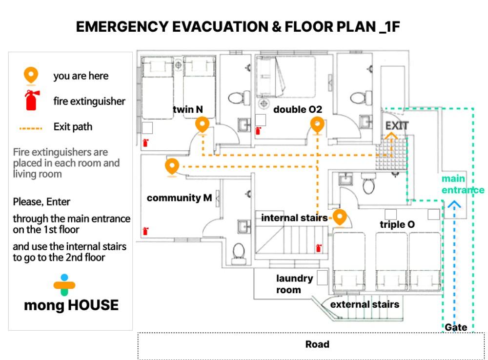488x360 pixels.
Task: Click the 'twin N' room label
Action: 188,109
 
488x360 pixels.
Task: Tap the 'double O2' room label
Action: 298,109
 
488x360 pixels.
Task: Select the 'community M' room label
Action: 179,198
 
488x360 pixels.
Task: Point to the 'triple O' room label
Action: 397,224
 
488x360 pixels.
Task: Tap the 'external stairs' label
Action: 365,304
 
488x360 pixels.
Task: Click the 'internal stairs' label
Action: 294,218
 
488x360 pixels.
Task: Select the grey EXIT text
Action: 397,126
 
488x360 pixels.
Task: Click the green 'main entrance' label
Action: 463,184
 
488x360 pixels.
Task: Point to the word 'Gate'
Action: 456,327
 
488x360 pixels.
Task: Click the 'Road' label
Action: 317,344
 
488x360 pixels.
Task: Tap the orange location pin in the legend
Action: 31,76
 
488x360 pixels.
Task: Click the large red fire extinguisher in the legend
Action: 32,100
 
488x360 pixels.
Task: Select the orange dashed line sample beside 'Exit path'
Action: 31,128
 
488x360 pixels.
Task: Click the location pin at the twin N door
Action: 203,125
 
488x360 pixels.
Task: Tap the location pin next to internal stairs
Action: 340,218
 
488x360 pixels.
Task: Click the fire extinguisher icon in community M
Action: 145,231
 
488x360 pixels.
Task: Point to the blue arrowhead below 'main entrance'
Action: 454,204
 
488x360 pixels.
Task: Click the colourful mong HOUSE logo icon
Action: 64,285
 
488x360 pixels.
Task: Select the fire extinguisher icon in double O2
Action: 258,131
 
